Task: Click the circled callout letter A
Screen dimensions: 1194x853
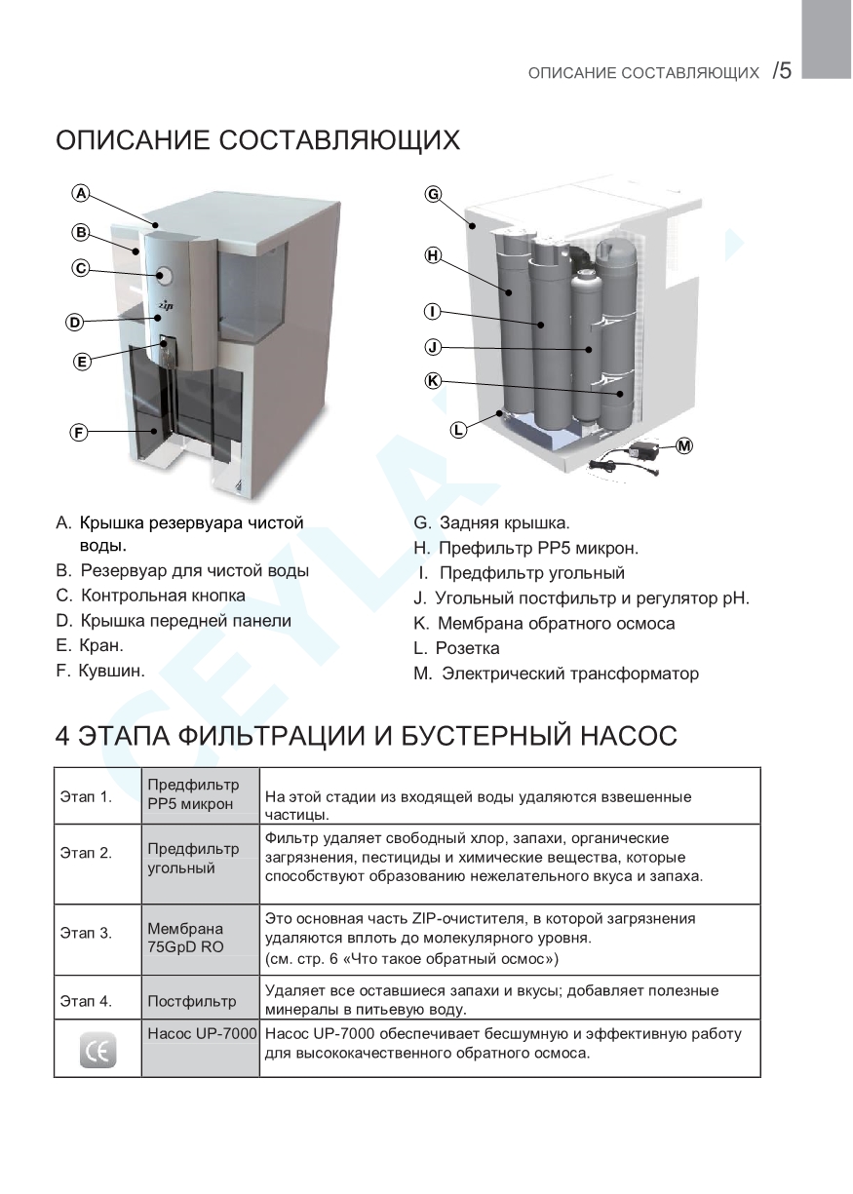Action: tap(82, 193)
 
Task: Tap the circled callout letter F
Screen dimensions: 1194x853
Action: tap(80, 432)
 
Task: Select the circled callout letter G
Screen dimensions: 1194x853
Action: tap(433, 193)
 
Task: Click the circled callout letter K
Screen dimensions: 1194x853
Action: tap(433, 380)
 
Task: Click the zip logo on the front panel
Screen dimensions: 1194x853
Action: tap(166, 305)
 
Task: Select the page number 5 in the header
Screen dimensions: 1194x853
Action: tap(783, 71)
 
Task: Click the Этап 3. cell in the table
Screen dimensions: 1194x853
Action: tap(86, 934)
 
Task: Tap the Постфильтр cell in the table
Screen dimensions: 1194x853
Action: tap(191, 1000)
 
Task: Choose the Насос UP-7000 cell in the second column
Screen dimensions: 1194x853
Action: tap(202, 1033)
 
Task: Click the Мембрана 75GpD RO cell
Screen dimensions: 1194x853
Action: tap(185, 937)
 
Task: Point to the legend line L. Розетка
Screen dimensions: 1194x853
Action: tap(456, 648)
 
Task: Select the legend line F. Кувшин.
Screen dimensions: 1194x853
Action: tap(100, 671)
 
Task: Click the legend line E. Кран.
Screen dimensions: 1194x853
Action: tap(90, 645)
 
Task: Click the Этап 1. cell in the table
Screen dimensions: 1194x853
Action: tap(86, 796)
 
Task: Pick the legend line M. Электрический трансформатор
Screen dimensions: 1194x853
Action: tap(556, 674)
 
